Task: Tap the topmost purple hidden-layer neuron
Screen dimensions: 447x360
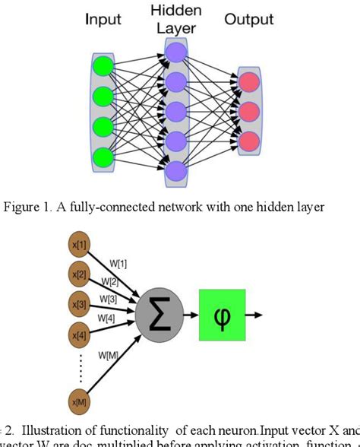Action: click(x=175, y=52)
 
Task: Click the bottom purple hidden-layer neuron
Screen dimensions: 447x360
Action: click(x=175, y=170)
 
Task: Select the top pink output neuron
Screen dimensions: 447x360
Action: click(x=248, y=82)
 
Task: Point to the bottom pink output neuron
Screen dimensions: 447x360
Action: click(x=248, y=141)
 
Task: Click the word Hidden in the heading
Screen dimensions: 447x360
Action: click(x=175, y=11)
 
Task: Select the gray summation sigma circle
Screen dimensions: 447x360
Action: click(x=157, y=314)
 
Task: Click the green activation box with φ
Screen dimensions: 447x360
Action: click(x=223, y=313)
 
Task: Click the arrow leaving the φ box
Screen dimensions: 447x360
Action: click(x=256, y=313)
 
